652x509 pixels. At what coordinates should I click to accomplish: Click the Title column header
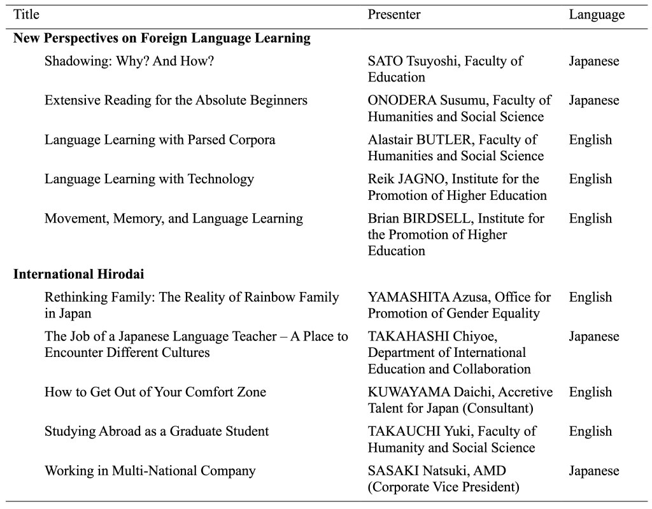[26, 14]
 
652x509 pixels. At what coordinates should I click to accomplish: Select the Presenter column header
[394, 14]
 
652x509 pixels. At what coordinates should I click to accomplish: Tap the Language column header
[597, 14]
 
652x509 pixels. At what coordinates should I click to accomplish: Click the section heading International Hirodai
[79, 274]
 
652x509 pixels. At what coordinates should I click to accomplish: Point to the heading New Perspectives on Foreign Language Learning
[162, 38]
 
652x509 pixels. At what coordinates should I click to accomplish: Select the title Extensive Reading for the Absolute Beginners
[176, 101]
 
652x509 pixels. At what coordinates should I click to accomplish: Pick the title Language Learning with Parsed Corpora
[160, 140]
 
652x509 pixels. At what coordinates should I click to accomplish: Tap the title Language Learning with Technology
[149, 179]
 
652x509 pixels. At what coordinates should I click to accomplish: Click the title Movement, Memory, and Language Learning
[174, 219]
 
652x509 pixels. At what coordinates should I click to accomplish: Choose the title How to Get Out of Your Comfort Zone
[155, 392]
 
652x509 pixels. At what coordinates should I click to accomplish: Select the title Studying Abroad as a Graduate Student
[157, 431]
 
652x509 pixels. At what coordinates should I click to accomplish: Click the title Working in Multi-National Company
[150, 471]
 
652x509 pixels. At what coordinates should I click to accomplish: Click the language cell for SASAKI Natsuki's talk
[593, 471]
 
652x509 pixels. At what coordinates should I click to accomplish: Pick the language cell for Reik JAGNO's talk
[590, 179]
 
